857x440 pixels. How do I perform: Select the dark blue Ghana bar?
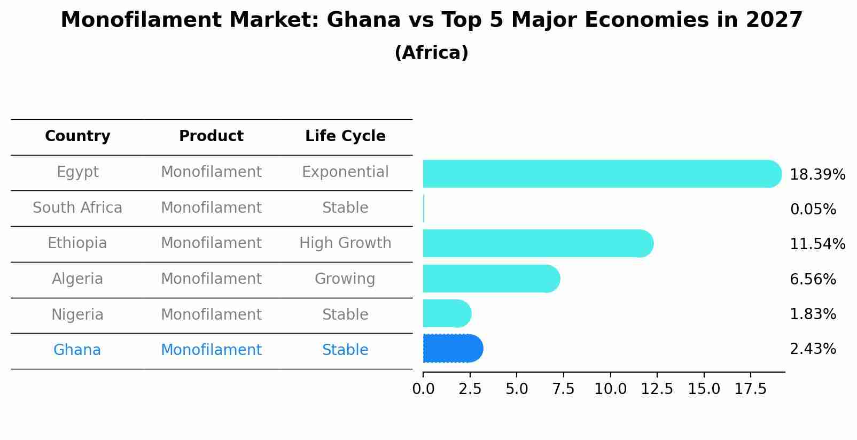[x=453, y=349]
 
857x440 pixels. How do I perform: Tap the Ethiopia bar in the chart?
[x=537, y=243]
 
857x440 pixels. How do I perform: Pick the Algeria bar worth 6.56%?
[x=490, y=279]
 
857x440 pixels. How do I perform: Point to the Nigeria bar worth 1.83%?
[x=447, y=313]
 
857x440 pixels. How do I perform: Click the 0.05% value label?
[x=813, y=210]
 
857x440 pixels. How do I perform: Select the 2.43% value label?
[x=813, y=349]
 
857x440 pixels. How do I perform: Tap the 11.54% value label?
[x=817, y=244]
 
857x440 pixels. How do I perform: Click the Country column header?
[x=77, y=136]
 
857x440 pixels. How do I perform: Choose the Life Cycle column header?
[x=345, y=136]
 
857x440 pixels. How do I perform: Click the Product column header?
[x=211, y=136]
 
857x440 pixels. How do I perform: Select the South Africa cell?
[x=77, y=208]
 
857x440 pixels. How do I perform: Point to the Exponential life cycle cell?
[x=345, y=172]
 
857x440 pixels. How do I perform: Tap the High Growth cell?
[x=345, y=243]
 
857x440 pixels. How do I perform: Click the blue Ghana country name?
[x=77, y=350]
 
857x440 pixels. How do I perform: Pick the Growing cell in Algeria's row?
[x=345, y=279]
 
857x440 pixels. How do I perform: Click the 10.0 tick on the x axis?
[x=610, y=389]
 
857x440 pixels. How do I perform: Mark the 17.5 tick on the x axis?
[x=751, y=389]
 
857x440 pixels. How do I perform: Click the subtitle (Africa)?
[x=431, y=53]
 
